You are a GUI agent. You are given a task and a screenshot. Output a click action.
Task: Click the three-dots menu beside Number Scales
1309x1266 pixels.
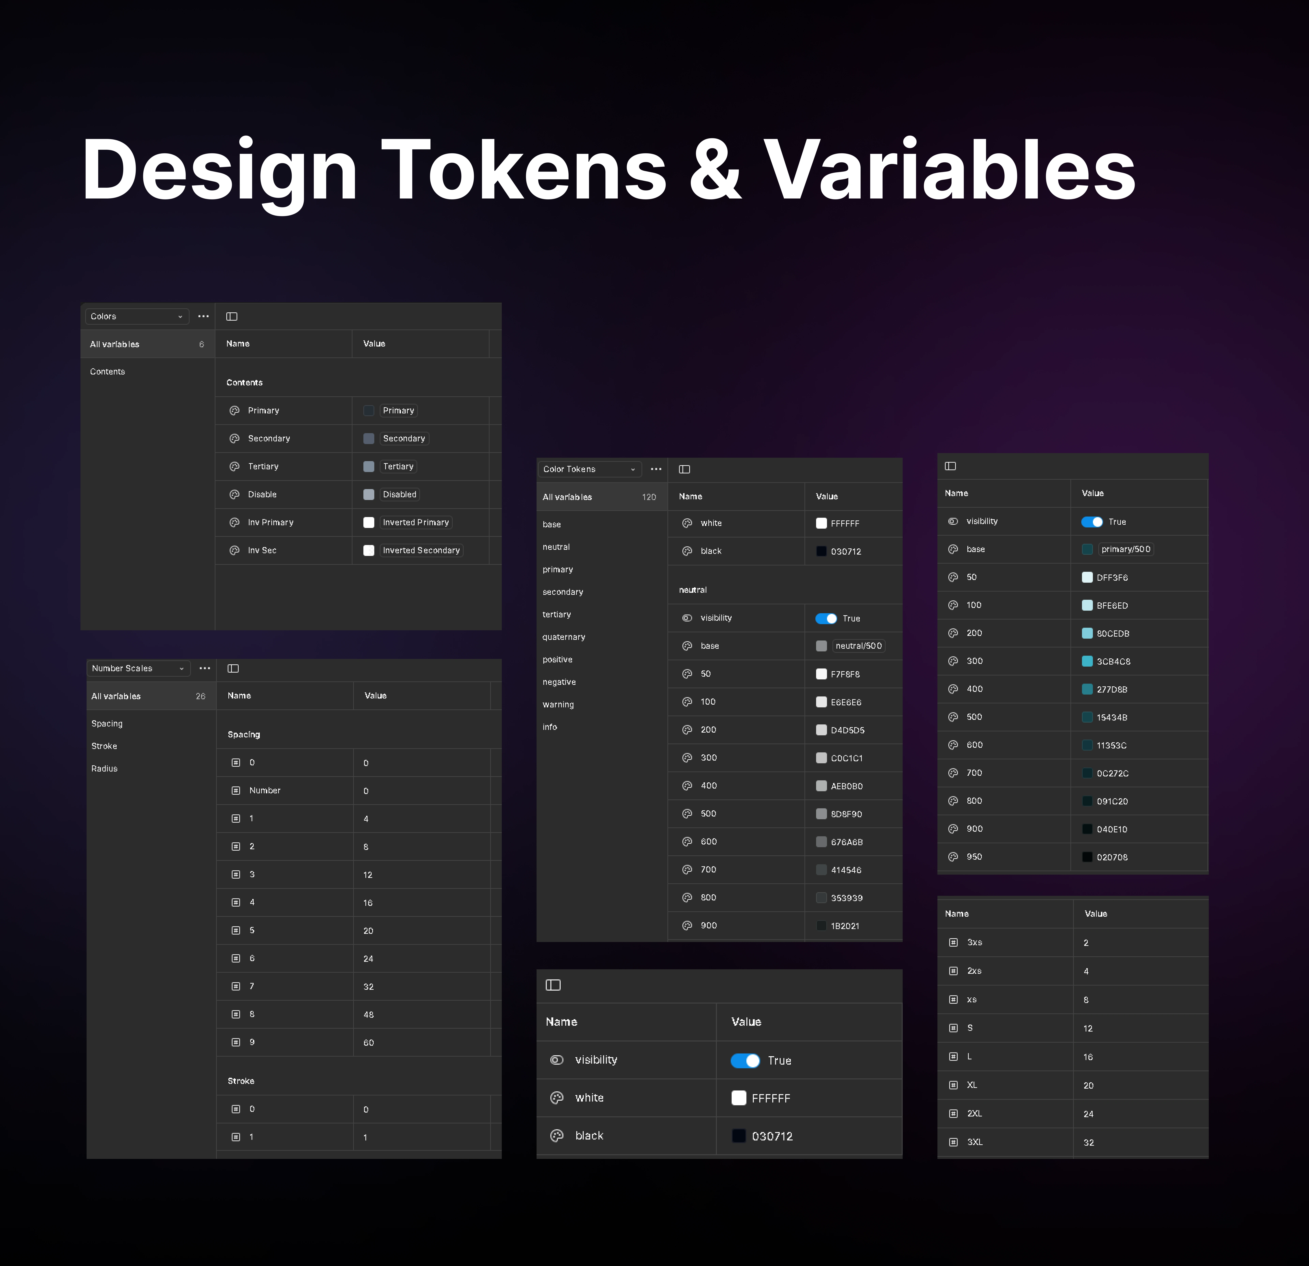[x=204, y=668]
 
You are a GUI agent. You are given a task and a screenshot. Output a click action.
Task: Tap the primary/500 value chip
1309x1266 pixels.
[x=1126, y=549]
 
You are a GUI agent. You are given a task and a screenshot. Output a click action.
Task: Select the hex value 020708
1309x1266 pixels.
[x=1112, y=857]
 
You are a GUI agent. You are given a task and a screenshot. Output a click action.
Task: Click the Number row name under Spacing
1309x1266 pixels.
[x=265, y=790]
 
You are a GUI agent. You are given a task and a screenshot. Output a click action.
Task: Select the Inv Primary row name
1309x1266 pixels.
[x=270, y=522]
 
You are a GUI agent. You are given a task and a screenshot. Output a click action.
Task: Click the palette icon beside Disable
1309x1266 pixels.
[x=234, y=494]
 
